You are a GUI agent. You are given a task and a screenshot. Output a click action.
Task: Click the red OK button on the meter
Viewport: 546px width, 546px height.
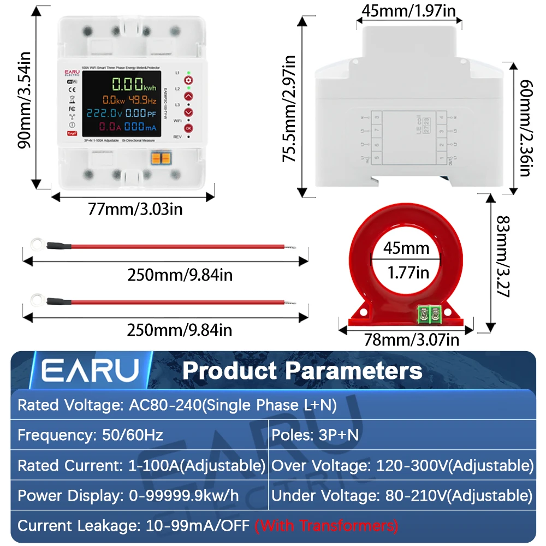(x=188, y=128)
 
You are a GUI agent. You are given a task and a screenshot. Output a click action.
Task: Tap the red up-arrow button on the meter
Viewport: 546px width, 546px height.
(x=188, y=96)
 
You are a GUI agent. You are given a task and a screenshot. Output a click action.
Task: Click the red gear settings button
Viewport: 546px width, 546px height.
(x=188, y=80)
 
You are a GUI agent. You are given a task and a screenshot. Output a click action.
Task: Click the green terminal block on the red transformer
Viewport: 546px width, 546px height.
(x=430, y=314)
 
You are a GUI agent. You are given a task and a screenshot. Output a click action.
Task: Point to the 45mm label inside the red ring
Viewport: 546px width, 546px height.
(x=407, y=249)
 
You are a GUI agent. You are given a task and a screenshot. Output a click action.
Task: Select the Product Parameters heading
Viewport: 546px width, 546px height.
(x=302, y=371)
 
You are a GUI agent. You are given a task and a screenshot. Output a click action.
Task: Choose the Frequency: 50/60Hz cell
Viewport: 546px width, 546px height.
(x=91, y=435)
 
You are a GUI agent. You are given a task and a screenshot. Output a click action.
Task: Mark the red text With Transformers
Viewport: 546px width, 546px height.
(x=327, y=526)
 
